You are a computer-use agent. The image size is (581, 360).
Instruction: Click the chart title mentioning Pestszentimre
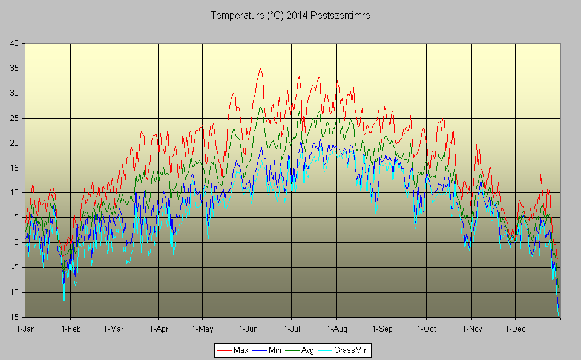coord(290,16)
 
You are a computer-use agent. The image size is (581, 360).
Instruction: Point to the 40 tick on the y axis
coord(15,43)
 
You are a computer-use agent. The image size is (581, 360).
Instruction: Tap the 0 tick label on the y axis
coord(17,242)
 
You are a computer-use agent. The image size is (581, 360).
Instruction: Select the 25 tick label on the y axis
coord(15,118)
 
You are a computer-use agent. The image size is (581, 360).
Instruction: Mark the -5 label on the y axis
coord(15,267)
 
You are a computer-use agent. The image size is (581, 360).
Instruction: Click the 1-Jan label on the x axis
coord(25,329)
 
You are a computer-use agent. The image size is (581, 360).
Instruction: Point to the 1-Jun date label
coord(248,329)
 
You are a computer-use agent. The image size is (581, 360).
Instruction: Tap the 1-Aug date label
coord(337,329)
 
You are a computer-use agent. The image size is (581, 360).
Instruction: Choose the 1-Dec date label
coord(516,329)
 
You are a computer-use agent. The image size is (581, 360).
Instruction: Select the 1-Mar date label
coord(113,329)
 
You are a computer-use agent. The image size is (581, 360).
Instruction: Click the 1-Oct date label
coord(426,329)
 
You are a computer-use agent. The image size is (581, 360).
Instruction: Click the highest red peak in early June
coord(260,68)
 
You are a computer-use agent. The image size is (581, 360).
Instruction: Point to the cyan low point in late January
coord(64,309)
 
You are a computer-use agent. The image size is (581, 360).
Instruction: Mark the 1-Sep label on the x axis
coord(382,329)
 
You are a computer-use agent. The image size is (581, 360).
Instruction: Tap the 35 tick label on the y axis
coord(15,68)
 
